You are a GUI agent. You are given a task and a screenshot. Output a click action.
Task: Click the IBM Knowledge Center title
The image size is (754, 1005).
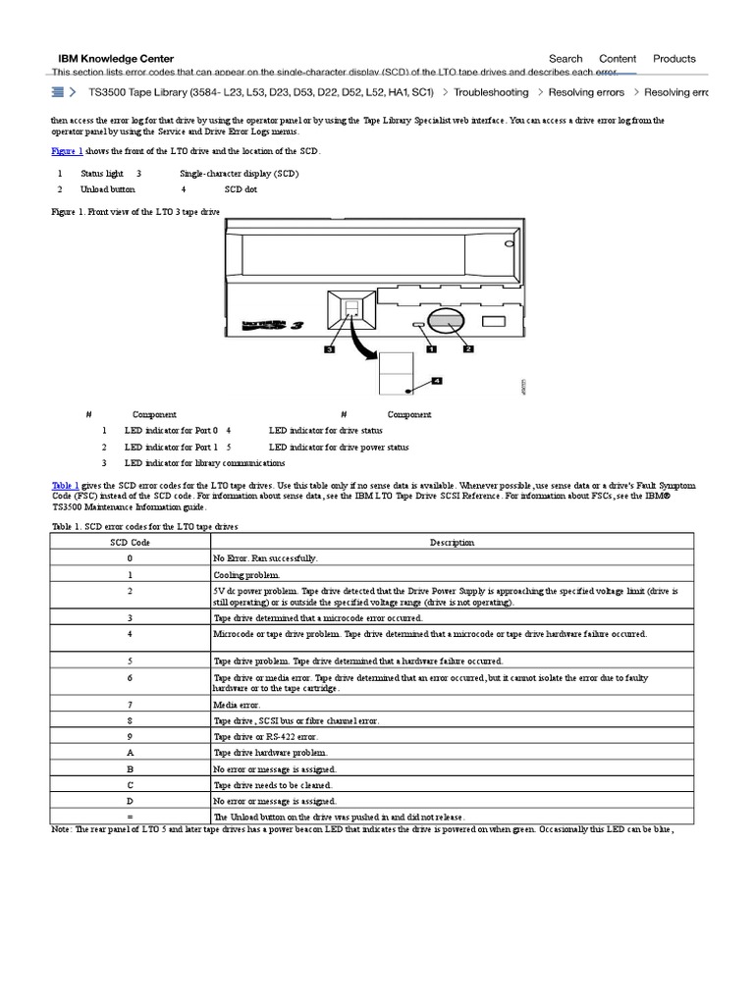point(116,59)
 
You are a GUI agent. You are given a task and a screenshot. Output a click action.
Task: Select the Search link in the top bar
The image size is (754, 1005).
point(565,59)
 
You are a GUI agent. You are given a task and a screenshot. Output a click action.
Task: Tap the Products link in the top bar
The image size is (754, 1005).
point(674,59)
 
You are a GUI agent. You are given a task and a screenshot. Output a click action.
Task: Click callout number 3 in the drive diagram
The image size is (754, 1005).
point(330,348)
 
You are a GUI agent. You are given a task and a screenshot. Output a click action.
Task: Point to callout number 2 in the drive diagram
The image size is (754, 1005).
point(467,347)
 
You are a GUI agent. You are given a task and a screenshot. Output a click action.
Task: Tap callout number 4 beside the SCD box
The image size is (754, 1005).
point(437,380)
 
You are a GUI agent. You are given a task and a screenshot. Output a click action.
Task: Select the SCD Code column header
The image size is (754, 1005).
point(131,542)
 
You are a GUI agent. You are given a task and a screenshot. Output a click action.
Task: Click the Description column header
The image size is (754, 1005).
point(452,542)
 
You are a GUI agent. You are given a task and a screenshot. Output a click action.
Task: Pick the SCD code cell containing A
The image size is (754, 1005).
point(131,752)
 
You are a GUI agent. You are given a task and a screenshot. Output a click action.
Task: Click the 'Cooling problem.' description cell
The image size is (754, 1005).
point(246,575)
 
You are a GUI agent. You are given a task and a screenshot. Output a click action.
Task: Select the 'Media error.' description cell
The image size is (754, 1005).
point(236,705)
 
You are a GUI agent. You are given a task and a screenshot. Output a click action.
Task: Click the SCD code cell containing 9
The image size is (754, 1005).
point(131,736)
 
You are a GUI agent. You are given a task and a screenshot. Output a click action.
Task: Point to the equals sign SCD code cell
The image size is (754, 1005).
point(131,817)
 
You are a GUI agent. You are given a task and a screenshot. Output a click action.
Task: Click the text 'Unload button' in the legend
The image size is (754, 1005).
point(108,189)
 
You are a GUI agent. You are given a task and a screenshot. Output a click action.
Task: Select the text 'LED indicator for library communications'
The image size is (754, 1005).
point(204,463)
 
